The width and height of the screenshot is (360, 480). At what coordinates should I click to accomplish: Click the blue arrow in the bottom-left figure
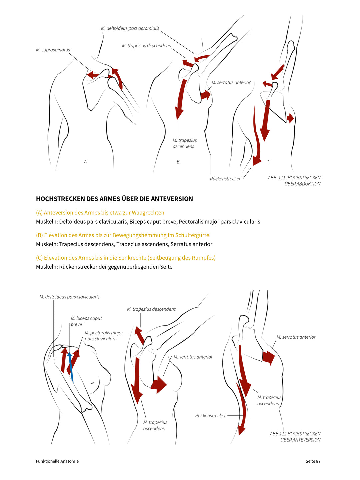click(x=70, y=367)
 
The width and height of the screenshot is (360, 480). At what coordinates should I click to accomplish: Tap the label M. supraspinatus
click(x=53, y=50)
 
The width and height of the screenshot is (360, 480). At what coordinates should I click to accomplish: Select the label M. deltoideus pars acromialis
click(x=130, y=28)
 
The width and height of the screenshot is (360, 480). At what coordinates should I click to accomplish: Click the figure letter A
click(x=85, y=162)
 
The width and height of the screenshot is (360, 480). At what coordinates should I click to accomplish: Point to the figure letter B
click(x=178, y=162)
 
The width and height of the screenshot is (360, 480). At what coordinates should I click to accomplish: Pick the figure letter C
click(x=269, y=162)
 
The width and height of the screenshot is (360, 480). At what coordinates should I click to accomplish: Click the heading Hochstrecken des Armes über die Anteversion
click(x=114, y=199)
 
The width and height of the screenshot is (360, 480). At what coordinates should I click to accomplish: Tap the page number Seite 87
click(x=313, y=461)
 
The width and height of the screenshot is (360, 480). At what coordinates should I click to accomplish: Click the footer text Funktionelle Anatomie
click(x=57, y=461)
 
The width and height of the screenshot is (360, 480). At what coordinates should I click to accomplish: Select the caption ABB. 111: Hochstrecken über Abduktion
click(x=294, y=181)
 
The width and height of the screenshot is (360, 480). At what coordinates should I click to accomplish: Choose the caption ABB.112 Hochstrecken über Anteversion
click(x=295, y=437)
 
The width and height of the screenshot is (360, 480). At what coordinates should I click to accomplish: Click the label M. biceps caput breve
click(x=86, y=321)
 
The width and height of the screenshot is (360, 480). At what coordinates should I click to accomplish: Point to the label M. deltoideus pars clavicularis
click(x=69, y=297)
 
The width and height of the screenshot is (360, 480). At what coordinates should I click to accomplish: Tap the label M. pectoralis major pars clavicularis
click(x=104, y=336)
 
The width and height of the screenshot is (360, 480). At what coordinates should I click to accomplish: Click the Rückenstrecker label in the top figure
click(x=225, y=179)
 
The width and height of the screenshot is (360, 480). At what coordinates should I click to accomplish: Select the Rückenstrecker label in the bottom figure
click(x=210, y=416)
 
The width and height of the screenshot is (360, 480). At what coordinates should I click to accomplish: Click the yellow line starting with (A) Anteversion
click(x=100, y=213)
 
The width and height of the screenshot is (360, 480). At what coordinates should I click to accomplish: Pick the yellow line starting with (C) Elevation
click(x=126, y=258)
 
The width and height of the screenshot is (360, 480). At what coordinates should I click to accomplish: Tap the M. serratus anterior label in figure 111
click(x=231, y=83)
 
